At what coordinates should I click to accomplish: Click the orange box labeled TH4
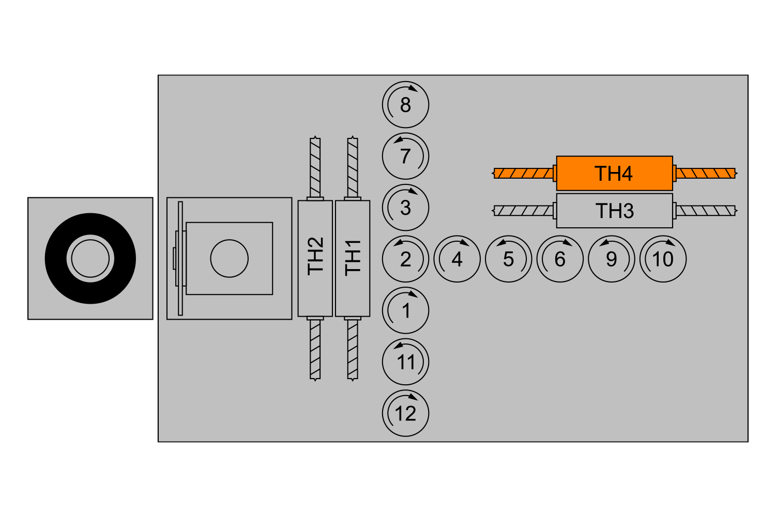pyautogui.click(x=615, y=173)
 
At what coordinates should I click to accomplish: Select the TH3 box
pyautogui.click(x=615, y=210)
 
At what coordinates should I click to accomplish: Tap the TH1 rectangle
pyautogui.click(x=353, y=258)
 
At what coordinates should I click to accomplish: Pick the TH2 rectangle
pyautogui.click(x=315, y=258)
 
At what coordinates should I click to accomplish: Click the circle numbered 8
pyautogui.click(x=406, y=104)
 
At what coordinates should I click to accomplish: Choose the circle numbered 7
pyautogui.click(x=406, y=156)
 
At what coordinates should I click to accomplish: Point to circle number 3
pyautogui.click(x=406, y=208)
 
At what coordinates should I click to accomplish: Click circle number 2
pyautogui.click(x=406, y=259)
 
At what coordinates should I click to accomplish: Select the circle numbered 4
pyautogui.click(x=458, y=259)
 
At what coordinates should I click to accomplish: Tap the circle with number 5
pyautogui.click(x=509, y=259)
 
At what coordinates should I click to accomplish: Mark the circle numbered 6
pyautogui.click(x=560, y=259)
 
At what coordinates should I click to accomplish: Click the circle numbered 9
pyautogui.click(x=612, y=259)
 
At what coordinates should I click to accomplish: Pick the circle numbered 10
pyautogui.click(x=663, y=259)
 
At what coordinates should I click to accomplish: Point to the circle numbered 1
pyautogui.click(x=406, y=310)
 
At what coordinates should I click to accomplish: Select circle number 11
pyautogui.click(x=406, y=362)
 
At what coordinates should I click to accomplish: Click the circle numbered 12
pyautogui.click(x=406, y=413)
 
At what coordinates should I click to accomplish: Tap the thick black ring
pyautogui.click(x=55, y=258)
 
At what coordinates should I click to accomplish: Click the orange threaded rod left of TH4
pyautogui.click(x=523, y=173)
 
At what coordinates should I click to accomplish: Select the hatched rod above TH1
pyautogui.click(x=353, y=167)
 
